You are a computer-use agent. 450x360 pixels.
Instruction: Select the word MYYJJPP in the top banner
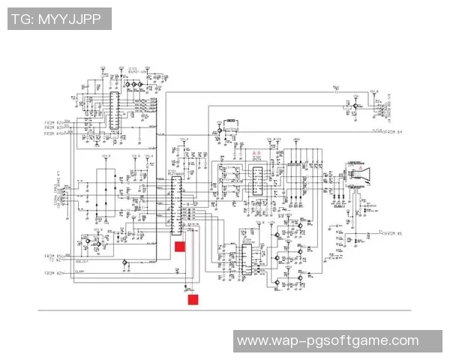click(73, 19)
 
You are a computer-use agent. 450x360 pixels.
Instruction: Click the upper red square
click(180, 246)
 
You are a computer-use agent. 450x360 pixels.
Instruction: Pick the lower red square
click(193, 300)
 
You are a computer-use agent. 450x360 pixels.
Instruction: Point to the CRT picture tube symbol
click(359, 175)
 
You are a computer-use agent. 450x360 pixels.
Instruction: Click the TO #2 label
click(52, 260)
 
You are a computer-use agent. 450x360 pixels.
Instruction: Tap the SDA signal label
click(67, 121)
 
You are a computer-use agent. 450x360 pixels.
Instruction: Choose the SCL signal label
click(67, 127)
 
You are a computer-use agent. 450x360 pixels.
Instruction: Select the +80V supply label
click(295, 139)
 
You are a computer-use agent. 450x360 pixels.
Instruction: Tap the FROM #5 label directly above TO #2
click(52, 255)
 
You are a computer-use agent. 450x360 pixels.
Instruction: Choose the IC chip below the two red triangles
click(256, 180)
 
